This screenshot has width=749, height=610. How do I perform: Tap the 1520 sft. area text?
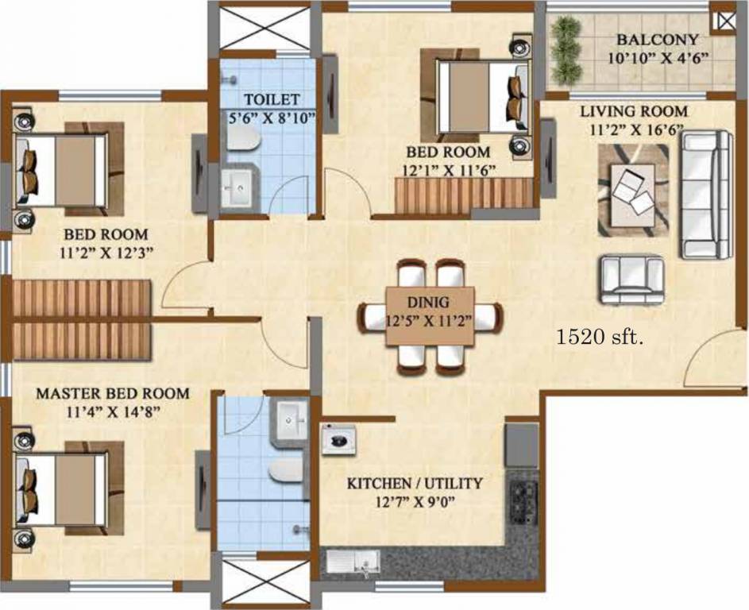click(600, 337)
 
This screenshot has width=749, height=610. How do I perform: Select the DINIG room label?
click(429, 302)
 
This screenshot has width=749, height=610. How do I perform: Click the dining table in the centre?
click(429, 316)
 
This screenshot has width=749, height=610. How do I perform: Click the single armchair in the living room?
click(632, 279)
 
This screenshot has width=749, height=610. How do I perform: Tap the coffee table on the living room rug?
click(634, 191)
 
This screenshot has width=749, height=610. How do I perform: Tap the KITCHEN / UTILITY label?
click(415, 483)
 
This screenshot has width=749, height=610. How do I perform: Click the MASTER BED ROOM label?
click(113, 393)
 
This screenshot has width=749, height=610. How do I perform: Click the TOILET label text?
click(272, 99)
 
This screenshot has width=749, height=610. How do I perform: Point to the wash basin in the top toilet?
click(238, 189)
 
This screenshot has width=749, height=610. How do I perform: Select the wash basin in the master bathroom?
click(288, 415)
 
